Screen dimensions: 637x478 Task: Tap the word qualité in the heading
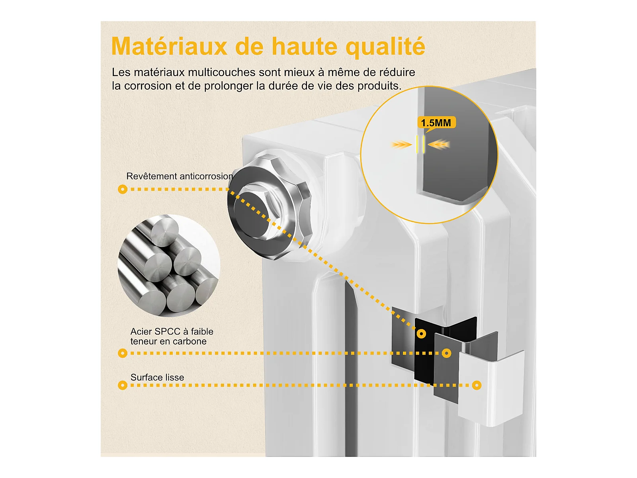pos(385,47)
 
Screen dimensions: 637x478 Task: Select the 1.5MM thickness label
pos(436,123)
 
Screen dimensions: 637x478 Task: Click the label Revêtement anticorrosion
pos(180,176)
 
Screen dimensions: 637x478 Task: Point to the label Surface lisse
pos(157,377)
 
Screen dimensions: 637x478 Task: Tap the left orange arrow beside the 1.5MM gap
pos(401,144)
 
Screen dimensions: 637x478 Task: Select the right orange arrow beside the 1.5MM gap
pos(439,144)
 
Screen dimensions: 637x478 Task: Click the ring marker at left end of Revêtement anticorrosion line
pos(123,189)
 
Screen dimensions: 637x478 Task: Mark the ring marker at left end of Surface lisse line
pos(123,386)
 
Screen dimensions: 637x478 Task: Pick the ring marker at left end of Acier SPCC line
pos(123,353)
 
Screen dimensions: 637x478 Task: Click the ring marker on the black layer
pos(421,334)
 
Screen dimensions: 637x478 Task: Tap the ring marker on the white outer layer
pos(477,386)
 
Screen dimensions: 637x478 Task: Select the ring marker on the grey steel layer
pos(446,353)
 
